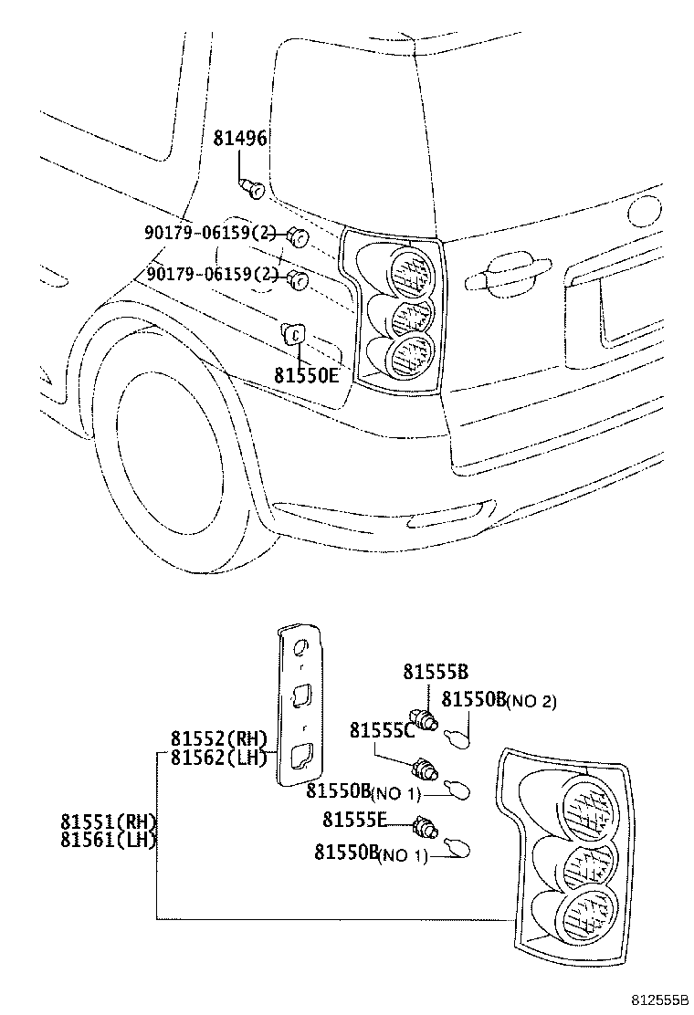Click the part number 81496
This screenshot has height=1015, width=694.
point(239,139)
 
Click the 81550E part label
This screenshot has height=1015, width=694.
point(306,373)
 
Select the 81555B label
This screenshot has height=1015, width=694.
point(435,673)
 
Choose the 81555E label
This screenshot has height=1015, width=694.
point(355,820)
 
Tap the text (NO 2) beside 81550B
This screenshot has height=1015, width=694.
point(531,702)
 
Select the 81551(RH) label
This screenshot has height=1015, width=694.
point(109,821)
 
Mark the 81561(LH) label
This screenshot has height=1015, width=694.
point(109,840)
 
